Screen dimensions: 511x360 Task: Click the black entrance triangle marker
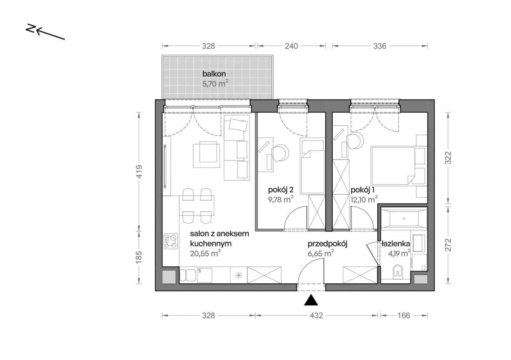click(311, 300)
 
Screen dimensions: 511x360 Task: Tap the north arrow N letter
click(31, 28)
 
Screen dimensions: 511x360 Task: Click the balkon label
click(214, 74)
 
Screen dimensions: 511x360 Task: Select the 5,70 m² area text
click(215, 84)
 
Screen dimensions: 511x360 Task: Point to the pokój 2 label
click(281, 190)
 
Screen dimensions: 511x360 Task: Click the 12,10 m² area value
click(364, 199)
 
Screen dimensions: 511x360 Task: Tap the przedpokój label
click(327, 244)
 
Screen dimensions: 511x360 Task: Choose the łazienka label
click(396, 244)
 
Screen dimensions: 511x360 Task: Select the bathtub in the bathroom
click(404, 219)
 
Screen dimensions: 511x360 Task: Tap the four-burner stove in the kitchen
click(170, 241)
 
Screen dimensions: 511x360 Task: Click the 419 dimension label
click(139, 171)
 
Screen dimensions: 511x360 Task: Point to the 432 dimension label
click(317, 316)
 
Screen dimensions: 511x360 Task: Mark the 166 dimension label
click(404, 316)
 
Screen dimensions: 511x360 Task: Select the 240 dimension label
click(291, 46)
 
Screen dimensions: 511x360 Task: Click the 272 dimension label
click(448, 245)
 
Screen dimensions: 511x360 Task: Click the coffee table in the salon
click(207, 155)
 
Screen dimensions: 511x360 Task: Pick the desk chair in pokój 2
click(280, 153)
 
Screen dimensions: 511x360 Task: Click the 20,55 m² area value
click(205, 253)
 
